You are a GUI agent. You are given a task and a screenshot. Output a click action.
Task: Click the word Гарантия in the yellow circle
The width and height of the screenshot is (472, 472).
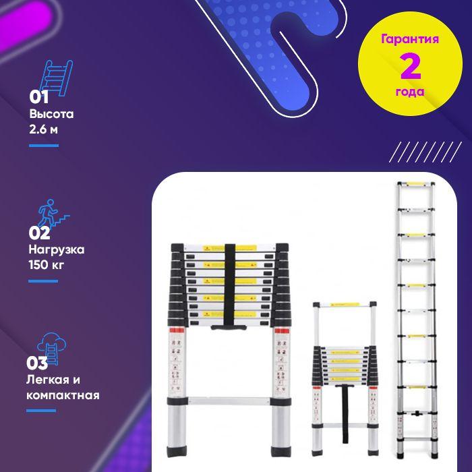410,39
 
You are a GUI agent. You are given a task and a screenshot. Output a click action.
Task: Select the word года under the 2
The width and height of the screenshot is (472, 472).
410,92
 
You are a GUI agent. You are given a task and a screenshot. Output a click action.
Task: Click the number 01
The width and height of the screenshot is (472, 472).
39,97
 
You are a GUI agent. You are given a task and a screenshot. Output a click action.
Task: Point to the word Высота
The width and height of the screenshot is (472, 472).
51,114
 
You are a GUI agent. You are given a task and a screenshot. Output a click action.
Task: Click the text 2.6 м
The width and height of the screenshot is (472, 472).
43,129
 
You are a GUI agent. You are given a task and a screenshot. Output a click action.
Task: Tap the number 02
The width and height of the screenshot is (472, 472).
39,233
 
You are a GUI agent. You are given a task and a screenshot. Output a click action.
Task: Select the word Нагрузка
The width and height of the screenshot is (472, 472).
57,250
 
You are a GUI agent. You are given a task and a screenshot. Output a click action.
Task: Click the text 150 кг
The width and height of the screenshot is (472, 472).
47,265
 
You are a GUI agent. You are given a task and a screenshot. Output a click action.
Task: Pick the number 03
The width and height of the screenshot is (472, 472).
37,363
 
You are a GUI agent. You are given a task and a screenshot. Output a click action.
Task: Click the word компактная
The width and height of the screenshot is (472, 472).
63,395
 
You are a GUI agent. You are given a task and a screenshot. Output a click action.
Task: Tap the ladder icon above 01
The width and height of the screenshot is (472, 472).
56,78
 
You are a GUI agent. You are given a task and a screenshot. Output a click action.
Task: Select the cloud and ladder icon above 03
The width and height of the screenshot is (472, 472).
51,348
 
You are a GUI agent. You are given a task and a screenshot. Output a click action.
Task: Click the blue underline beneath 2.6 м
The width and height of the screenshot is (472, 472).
44,146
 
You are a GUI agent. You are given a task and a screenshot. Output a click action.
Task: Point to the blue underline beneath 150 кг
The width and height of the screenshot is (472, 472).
43,281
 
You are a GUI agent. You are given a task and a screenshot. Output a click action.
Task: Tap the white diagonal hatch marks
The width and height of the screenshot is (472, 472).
425,152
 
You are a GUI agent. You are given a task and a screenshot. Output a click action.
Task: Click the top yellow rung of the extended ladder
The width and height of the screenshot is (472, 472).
416,183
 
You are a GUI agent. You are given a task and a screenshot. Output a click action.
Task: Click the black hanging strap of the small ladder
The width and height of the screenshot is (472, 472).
345,413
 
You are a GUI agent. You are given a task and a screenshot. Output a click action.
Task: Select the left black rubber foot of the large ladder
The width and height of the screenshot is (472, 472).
177,451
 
